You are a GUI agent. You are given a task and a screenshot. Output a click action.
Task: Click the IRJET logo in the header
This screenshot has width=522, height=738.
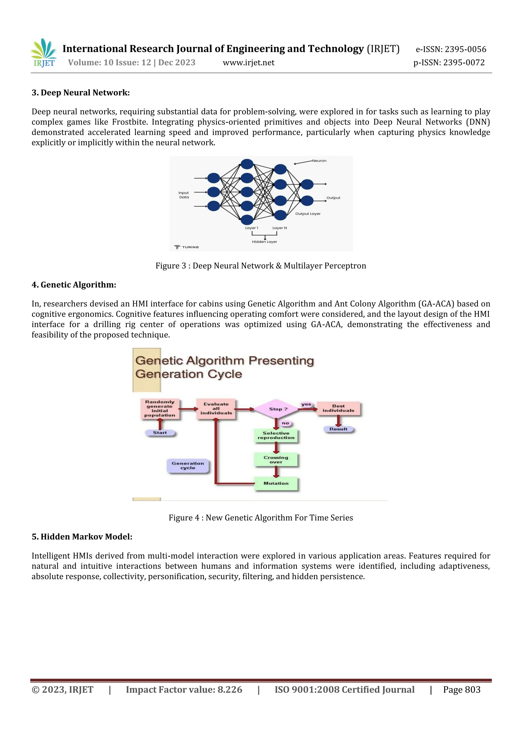click(x=44, y=53)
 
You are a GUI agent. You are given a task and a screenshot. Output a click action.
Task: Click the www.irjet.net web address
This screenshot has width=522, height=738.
click(x=249, y=63)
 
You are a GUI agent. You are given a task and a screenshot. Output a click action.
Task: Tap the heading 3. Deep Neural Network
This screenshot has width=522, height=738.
click(x=81, y=93)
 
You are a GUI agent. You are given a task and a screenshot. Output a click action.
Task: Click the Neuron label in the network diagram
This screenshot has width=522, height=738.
click(x=319, y=161)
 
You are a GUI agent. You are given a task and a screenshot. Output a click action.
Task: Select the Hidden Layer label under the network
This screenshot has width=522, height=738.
click(x=264, y=242)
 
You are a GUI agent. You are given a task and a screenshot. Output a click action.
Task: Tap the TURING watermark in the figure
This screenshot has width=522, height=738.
click(x=187, y=247)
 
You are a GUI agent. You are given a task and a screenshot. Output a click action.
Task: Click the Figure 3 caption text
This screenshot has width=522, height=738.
click(x=261, y=266)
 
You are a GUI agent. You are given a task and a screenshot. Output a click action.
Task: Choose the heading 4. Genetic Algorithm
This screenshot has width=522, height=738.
click(x=74, y=285)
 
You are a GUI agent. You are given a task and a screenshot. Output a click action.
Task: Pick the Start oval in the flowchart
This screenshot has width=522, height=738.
click(x=160, y=433)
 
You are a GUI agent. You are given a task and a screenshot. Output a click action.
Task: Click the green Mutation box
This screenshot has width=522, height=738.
click(x=276, y=483)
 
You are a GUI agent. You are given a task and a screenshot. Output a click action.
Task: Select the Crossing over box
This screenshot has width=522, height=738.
click(x=276, y=460)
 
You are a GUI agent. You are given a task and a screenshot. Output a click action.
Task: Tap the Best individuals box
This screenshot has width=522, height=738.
click(x=338, y=408)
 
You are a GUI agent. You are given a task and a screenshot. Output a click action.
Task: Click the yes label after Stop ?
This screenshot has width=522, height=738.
click(x=306, y=404)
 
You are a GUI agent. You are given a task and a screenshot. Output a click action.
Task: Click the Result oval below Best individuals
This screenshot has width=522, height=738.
click(x=338, y=429)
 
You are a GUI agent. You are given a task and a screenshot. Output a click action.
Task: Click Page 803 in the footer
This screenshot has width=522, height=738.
click(x=462, y=690)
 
